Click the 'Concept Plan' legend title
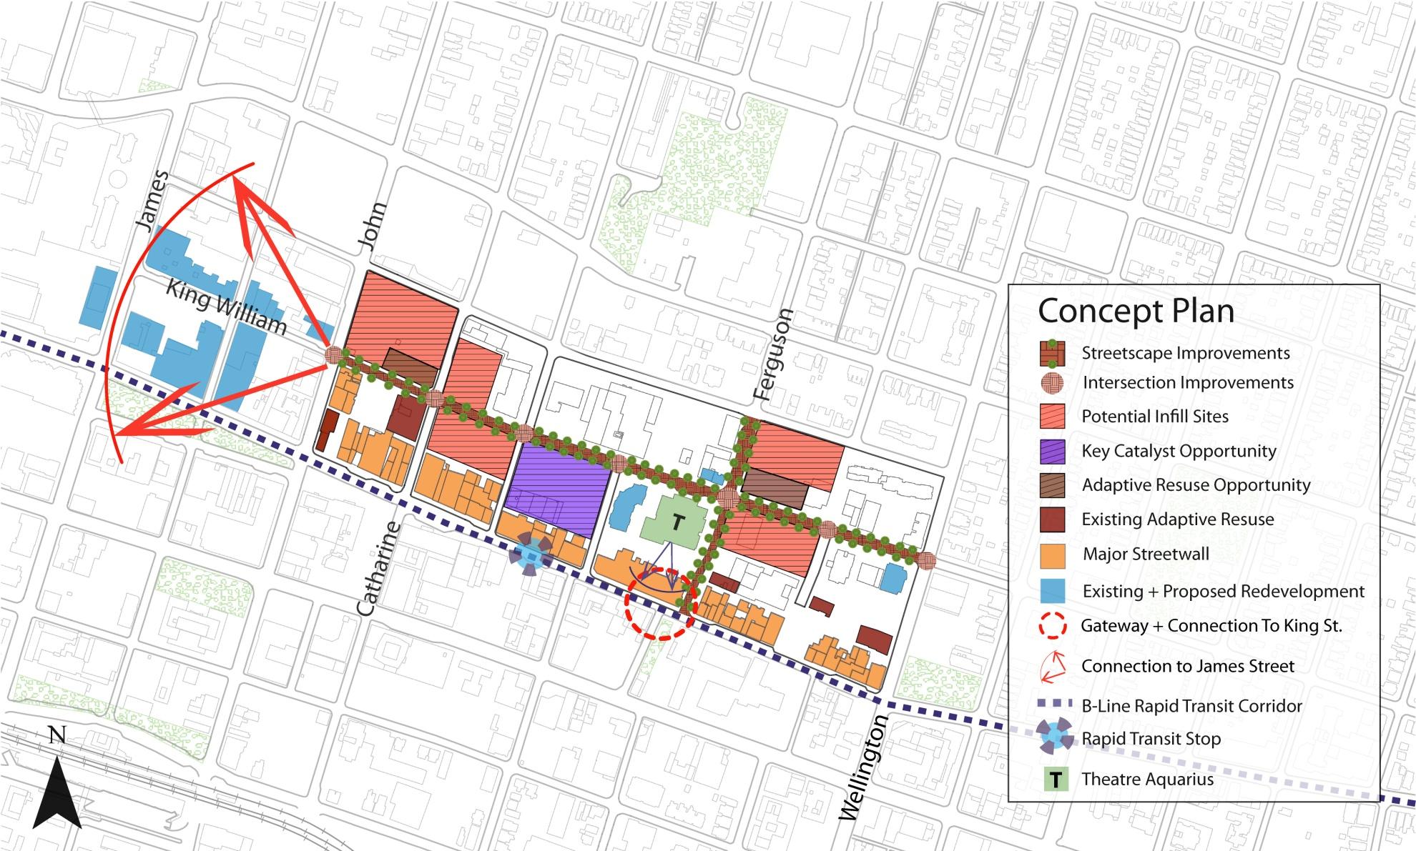coord(1136,311)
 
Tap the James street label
coord(152,201)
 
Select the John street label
coord(373,226)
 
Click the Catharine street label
coord(379,569)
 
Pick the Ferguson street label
coord(774,354)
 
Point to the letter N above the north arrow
coord(57,735)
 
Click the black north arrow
coord(57,794)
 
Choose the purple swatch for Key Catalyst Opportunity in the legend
coord(1052,452)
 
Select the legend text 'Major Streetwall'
coord(1146,554)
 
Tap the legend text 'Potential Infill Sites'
coord(1154,417)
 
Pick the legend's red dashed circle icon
coord(1052,626)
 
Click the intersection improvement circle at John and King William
coord(334,354)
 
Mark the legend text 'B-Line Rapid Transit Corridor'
coord(1191,706)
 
